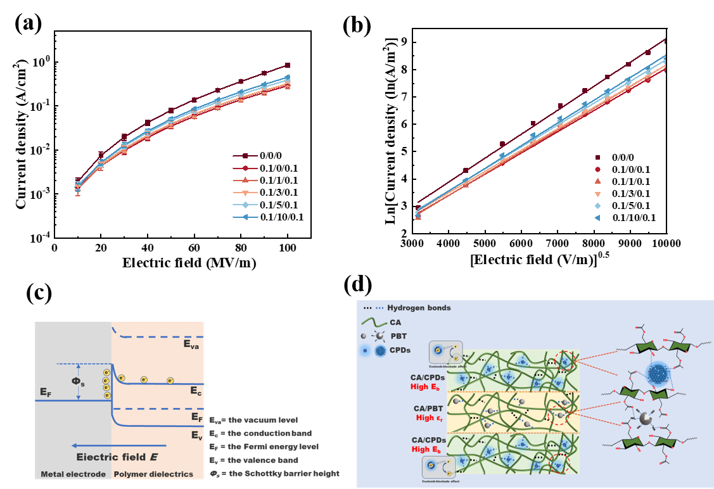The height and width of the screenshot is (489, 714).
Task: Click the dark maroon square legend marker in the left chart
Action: click(246, 156)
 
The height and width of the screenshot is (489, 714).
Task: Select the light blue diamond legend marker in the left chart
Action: click(246, 205)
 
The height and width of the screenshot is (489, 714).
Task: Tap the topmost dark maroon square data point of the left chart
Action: click(288, 65)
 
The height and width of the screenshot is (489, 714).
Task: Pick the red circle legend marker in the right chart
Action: click(597, 169)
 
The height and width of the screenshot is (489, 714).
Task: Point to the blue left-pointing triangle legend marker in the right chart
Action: click(597, 218)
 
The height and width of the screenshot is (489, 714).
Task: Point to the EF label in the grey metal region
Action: click(46, 393)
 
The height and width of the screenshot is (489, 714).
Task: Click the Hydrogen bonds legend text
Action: click(419, 308)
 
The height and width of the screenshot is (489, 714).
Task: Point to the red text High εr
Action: click(434, 418)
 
